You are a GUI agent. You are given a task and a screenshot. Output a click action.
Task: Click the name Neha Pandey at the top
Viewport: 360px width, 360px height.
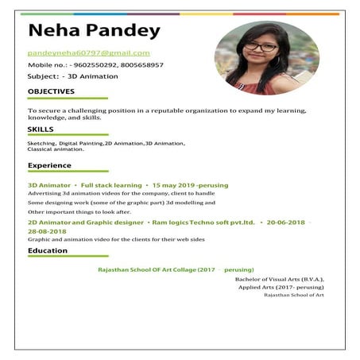click(x=94, y=31)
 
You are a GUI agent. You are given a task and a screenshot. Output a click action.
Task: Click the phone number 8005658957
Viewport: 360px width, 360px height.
click(x=144, y=64)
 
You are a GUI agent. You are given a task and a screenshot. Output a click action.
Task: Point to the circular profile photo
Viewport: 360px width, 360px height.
click(x=267, y=58)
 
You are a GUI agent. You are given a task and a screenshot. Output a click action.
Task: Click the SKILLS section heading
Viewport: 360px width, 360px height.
click(x=41, y=129)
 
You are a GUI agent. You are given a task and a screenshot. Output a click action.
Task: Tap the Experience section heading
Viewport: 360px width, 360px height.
click(x=49, y=165)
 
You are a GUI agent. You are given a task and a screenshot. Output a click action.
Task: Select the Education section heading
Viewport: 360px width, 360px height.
click(x=48, y=250)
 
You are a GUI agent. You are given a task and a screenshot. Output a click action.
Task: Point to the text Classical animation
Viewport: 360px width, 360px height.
click(x=56, y=149)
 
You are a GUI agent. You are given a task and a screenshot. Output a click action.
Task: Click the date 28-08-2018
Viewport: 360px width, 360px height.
click(x=48, y=230)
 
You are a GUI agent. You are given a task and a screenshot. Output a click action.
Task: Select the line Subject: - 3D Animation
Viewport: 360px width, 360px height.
click(x=73, y=76)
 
